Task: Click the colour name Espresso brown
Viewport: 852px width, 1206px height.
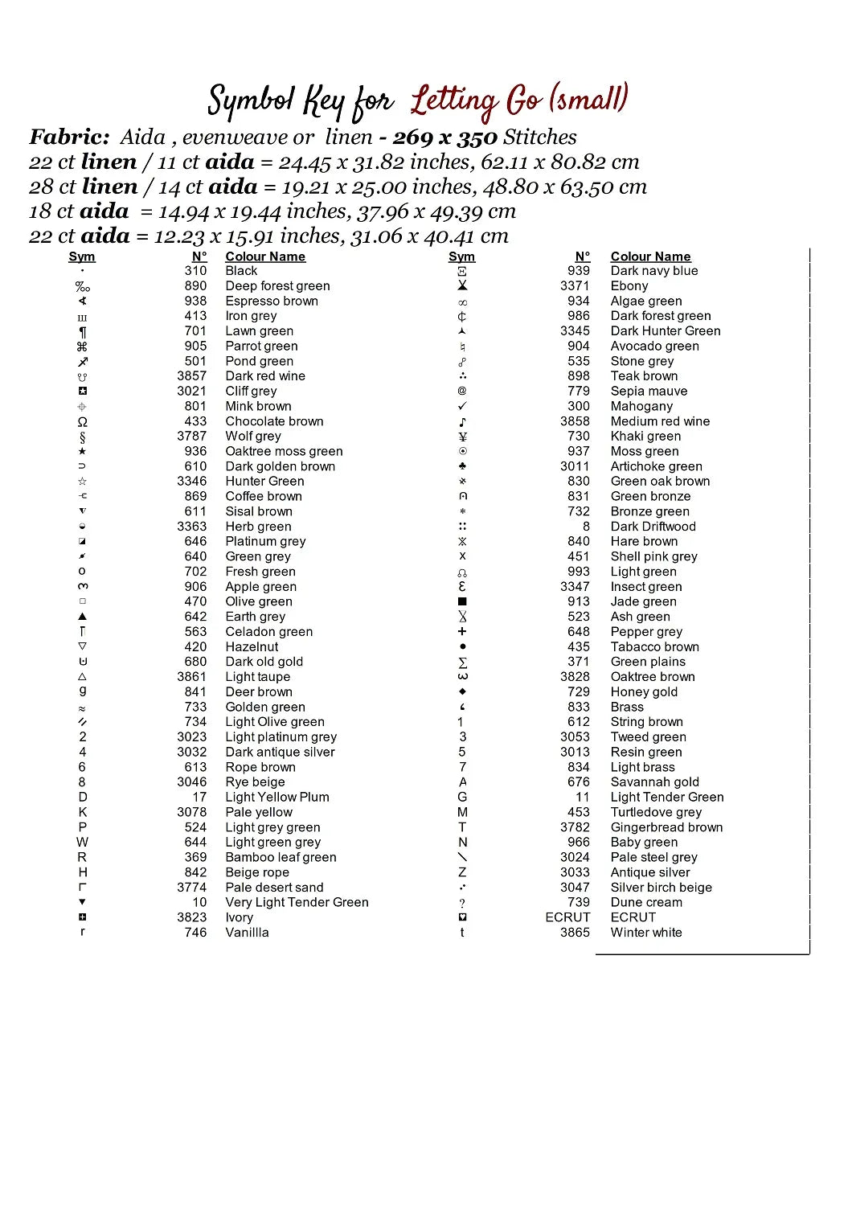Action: tap(272, 301)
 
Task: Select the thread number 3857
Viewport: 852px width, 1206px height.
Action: tap(192, 376)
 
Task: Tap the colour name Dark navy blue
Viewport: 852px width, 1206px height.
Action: tap(654, 271)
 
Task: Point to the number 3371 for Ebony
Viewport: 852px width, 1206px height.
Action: tap(575, 286)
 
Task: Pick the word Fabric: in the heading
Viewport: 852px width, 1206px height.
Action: tap(69, 137)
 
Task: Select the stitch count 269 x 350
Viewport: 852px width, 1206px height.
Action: tap(445, 137)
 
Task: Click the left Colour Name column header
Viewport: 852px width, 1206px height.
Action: tap(265, 256)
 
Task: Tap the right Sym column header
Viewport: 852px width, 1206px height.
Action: tap(461, 256)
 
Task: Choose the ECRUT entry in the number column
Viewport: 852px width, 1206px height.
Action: tap(567, 917)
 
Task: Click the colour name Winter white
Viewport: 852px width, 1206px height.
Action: tap(646, 933)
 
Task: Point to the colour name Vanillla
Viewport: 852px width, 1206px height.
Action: tap(247, 933)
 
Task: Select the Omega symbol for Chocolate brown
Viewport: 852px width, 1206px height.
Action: tap(82, 422)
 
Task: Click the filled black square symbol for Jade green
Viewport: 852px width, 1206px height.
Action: tap(462, 601)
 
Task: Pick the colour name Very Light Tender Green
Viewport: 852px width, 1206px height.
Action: tap(297, 902)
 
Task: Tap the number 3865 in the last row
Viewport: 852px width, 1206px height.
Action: tap(575, 933)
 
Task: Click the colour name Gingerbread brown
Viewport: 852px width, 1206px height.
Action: tap(666, 827)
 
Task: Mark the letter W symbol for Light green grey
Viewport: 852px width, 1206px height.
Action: tap(82, 842)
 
